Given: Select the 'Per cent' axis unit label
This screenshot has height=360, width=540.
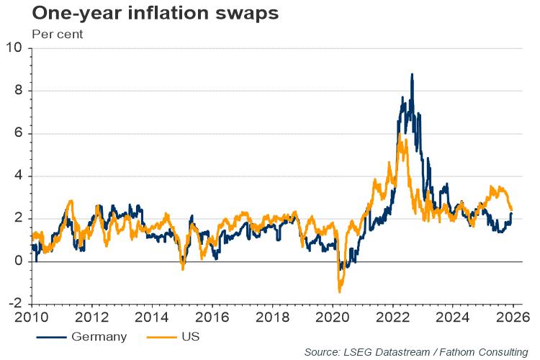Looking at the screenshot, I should [58, 34].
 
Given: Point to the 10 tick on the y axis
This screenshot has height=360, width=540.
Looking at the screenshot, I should [15, 48].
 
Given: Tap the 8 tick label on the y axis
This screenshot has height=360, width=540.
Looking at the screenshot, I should [19, 91].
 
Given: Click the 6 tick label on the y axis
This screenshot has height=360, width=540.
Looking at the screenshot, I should [19, 133].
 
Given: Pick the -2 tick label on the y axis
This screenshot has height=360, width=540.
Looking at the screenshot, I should [16, 304].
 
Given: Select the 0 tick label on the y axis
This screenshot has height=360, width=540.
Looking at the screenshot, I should [19, 261].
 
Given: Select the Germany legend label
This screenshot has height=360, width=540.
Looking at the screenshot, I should [99, 336].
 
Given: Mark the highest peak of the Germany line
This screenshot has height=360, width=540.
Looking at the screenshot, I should [412, 74].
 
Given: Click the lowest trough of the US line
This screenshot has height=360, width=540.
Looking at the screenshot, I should [339, 292].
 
